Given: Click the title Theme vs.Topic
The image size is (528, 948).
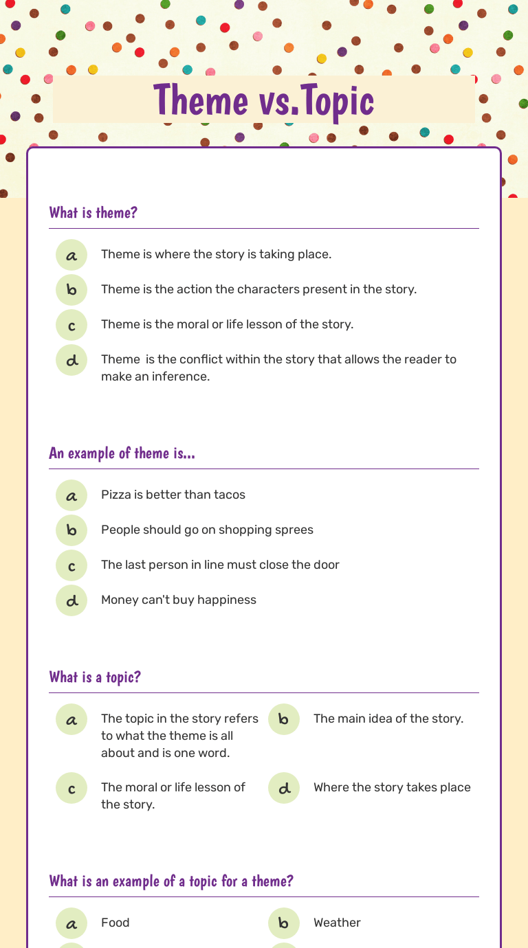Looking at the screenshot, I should pos(264,100).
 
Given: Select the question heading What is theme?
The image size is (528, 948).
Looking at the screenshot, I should pos(93,213).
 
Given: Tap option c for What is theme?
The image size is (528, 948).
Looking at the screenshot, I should pos(71,326).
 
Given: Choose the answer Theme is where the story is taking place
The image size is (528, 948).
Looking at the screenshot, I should pos(216,254).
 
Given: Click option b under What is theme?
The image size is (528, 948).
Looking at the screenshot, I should pos(71,291).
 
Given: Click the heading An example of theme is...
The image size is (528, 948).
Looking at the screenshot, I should pos(122,453).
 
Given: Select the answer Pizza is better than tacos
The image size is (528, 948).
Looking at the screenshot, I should pos(173,495).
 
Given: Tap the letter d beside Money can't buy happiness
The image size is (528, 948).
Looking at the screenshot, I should pos(71,600).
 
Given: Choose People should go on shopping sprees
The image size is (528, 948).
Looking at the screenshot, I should pos(207,530).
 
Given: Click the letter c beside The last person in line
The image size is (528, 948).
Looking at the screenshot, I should pos(71,566).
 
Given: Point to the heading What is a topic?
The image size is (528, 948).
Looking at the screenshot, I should pos(95,677).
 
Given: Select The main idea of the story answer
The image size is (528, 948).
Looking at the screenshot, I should pos(388,719).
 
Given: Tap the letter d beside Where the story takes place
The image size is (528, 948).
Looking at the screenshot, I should pos(284,789).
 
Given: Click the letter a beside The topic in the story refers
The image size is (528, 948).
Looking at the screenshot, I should pos(71,720).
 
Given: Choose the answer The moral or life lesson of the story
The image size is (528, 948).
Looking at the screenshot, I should pos(173,795).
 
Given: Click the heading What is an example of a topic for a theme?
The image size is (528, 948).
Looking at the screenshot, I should pos(171,881).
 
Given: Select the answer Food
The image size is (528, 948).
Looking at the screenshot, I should pos(115,923).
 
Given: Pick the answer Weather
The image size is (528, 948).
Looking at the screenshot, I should pos(337,923).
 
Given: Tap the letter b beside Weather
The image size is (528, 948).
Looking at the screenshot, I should pos(284,924).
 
